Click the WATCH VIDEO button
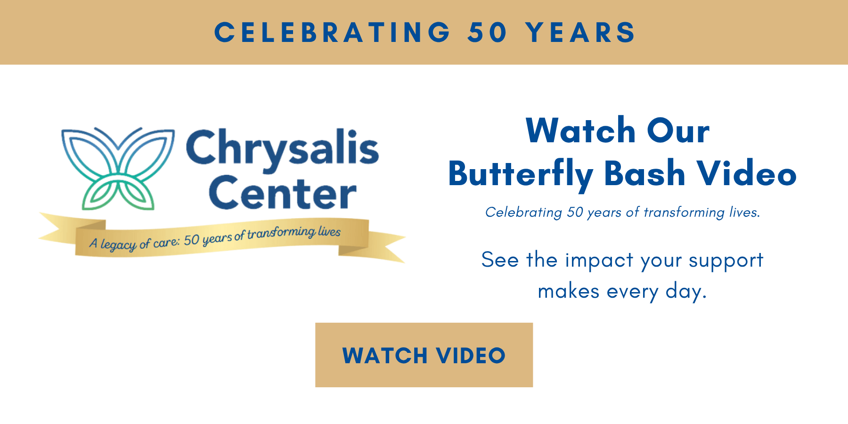(x=424, y=355)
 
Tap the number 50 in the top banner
(x=487, y=33)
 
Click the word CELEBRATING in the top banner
(x=333, y=33)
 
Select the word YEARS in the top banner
(x=580, y=33)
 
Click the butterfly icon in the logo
(x=118, y=168)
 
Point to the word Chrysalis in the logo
(x=283, y=148)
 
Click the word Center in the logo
(x=283, y=193)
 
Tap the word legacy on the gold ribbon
(x=118, y=244)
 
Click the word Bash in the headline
(x=644, y=173)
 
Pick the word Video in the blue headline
(x=747, y=173)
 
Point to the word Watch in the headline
(x=581, y=130)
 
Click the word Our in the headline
(x=678, y=130)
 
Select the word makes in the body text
(x=569, y=291)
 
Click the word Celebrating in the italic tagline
(x=524, y=212)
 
